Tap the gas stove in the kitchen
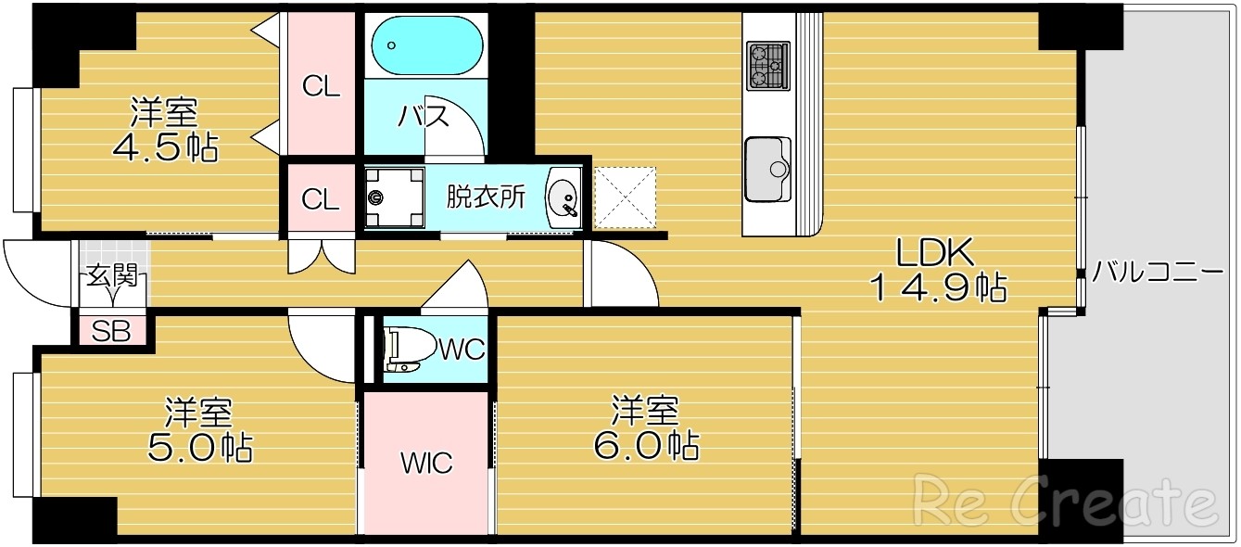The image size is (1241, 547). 768,66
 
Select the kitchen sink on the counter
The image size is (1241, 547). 768,168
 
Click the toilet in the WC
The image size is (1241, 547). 407,349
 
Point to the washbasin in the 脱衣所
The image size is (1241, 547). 562,197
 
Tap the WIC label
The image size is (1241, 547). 425,462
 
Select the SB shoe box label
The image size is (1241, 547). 110,331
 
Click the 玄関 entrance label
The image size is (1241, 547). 111,275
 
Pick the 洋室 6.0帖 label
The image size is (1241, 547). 645,428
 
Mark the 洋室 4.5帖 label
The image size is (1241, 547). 164,130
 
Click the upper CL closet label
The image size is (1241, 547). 322,87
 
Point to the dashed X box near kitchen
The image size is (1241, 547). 625,197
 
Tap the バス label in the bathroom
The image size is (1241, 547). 424,117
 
